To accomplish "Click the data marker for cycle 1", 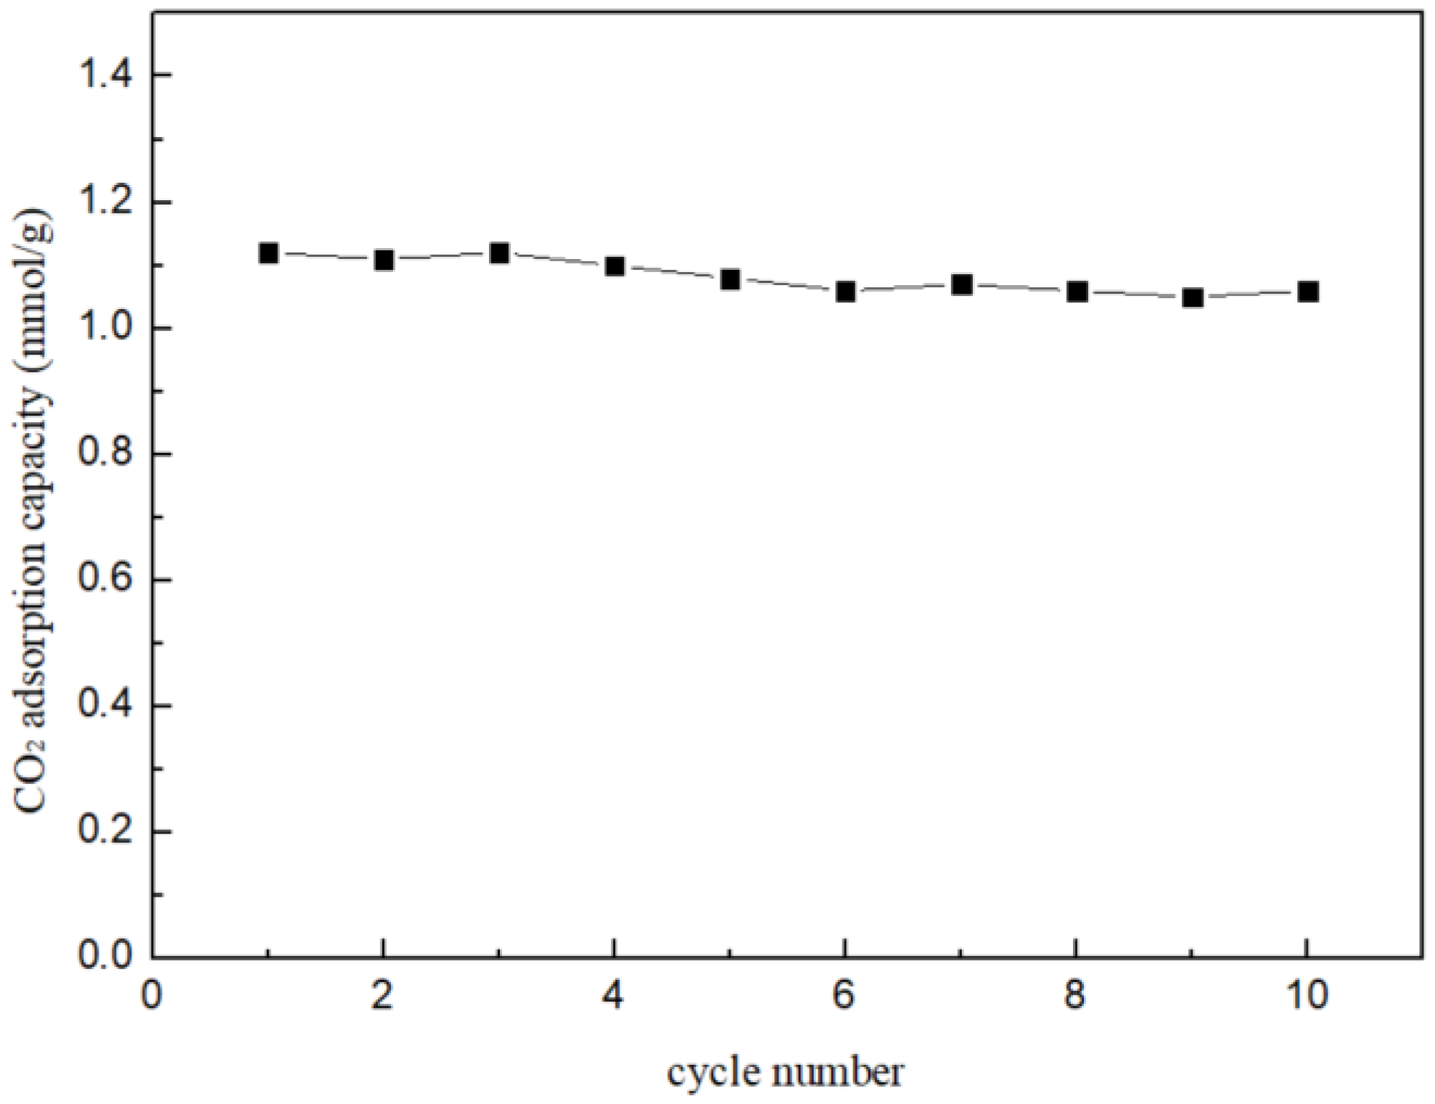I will pos(268,253).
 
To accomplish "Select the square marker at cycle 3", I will pos(499,253).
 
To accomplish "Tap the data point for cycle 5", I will pos(730,279).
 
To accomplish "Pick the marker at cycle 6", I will pos(845,292).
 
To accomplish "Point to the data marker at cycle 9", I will pos(1192,297).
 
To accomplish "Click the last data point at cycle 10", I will pos(1307,292).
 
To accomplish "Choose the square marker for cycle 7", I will pos(961,284).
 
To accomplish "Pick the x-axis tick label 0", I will pos(152,996).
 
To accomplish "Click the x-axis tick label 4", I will pos(614,996).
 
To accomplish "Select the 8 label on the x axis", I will pos(1075,996).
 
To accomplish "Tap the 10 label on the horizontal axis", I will pos(1306,996).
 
